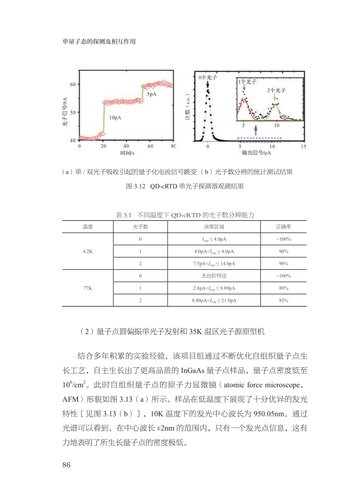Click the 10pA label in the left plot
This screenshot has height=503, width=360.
click(115, 117)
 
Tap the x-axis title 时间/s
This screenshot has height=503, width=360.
click(126, 153)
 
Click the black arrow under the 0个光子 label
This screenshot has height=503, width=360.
click(208, 85)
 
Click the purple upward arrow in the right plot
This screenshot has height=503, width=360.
click(256, 129)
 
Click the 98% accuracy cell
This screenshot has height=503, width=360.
click(283, 263)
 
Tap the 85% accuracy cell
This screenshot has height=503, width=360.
click(283, 300)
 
